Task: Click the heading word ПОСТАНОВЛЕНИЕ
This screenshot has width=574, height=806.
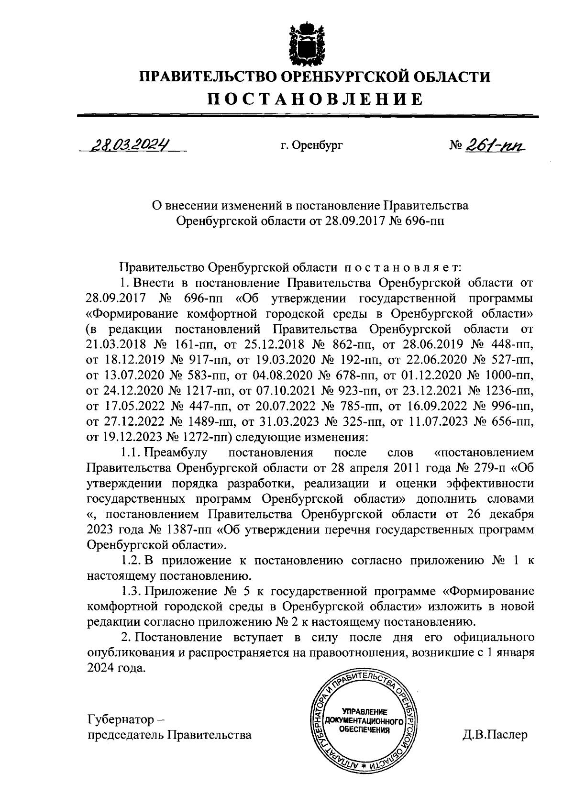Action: pyautogui.click(x=315, y=99)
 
